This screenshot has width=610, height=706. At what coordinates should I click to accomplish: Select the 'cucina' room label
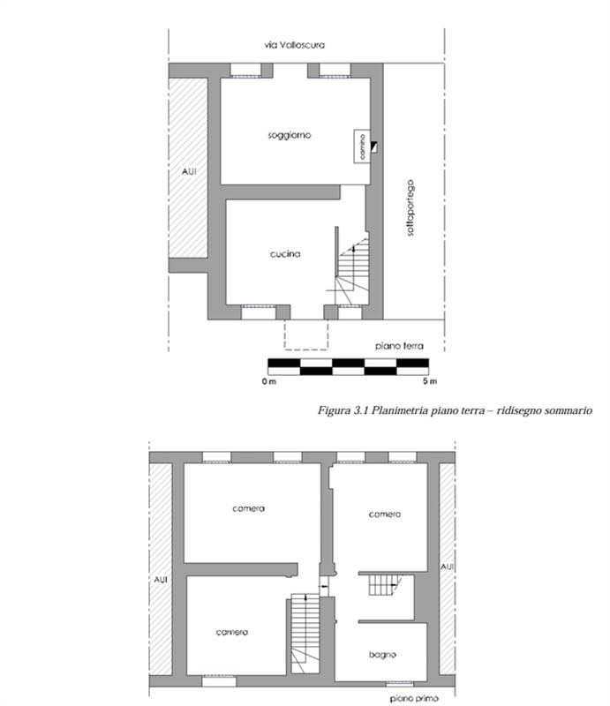pyautogui.click(x=286, y=254)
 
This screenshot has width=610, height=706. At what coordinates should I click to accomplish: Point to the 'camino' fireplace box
pyautogui.click(x=361, y=146)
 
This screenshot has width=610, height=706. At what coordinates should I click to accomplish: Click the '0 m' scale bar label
pyautogui.click(x=268, y=381)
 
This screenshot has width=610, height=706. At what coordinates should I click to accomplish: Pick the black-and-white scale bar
pyautogui.click(x=349, y=365)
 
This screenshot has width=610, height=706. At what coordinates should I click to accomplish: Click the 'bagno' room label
pyautogui.click(x=383, y=655)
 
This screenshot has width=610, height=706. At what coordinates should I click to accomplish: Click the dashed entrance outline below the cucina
pyautogui.click(x=305, y=335)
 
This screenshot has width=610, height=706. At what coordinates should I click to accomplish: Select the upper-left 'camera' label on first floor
pyautogui.click(x=249, y=509)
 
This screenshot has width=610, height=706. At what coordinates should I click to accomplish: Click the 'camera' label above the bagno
pyautogui.click(x=386, y=514)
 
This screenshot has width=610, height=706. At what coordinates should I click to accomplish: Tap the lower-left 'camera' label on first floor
pyautogui.click(x=232, y=632)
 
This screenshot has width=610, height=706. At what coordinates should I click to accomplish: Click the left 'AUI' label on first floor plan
pyautogui.click(x=161, y=580)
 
